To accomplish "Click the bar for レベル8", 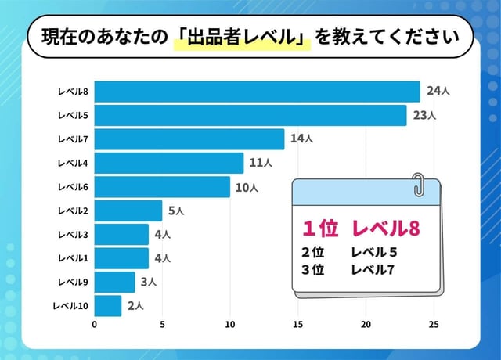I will pos(257,92).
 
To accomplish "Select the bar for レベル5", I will pos(250,116).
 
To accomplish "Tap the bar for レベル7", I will pos(189,139).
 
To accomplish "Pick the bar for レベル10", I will pos(108,305).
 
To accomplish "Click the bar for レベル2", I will pos(128,211).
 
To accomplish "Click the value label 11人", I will pos(261,163).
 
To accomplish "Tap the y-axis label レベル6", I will pos(74,187).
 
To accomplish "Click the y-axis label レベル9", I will pos(74,282).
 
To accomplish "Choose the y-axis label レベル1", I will pos(74,258).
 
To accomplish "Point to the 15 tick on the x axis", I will pos(298,324).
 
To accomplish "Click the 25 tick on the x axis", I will pos(434,324).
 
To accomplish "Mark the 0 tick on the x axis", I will pos(95,324).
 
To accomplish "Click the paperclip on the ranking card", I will pos(419,185).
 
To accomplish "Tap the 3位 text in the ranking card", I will pos(312,270).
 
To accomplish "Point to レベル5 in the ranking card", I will pos(375,252).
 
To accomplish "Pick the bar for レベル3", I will pos(121,234).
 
